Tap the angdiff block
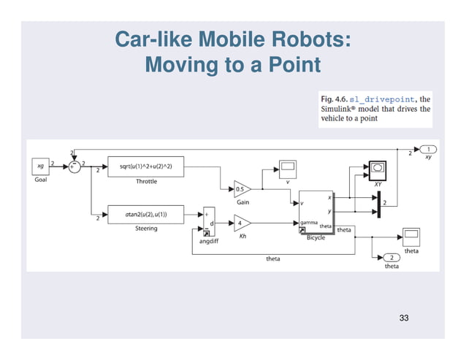click(208, 221)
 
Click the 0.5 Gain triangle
click(242, 189)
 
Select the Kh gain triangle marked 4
click(242, 221)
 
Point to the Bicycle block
click(316, 212)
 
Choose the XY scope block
click(378, 169)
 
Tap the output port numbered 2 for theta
click(391, 258)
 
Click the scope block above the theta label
click(411, 236)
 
